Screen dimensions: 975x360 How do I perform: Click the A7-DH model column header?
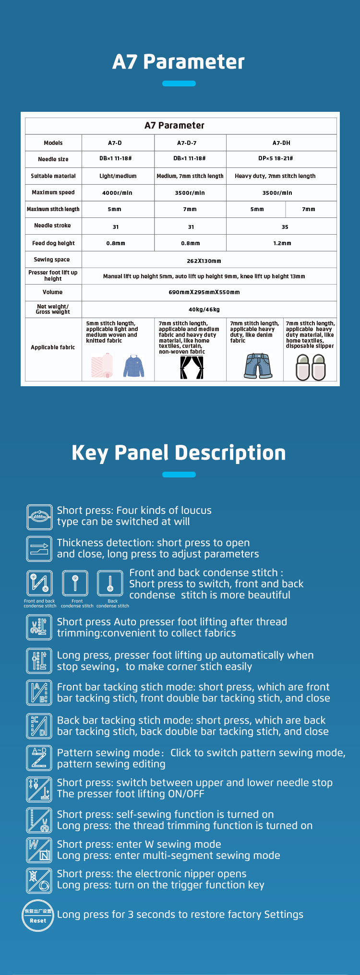pos(281,143)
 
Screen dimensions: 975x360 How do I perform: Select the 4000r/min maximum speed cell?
pos(117,193)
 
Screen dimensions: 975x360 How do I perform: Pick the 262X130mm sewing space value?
pos(204,261)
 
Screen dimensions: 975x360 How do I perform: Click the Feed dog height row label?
pos(53,243)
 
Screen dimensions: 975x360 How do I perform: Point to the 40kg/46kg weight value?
pos(204,309)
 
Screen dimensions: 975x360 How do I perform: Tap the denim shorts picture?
pos(258,366)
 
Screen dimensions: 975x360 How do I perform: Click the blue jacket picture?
pos(134,366)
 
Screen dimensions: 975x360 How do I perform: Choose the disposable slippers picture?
pos(311,368)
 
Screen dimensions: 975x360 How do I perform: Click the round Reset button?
pos(38,916)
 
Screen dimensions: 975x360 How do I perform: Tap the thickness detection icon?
pos(39,548)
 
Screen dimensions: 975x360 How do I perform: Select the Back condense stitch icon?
pos(110,583)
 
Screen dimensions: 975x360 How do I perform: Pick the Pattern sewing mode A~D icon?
pos(39,758)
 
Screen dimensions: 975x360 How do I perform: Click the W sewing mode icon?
pos(39,850)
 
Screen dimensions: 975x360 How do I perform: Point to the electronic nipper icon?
pos(39,880)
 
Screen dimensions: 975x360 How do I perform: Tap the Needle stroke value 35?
pos(285,227)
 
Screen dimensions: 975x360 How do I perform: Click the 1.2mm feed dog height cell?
pos(282,243)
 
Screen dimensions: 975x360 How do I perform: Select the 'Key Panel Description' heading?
pos(179,453)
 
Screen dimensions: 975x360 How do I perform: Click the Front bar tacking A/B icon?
pos(39,692)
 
